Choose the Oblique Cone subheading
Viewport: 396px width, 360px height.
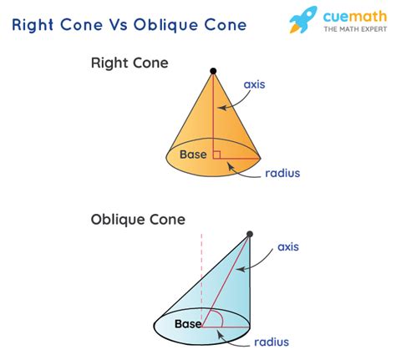[138, 220]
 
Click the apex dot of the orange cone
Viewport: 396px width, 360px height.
[213, 72]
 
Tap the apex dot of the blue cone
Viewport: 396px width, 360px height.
[249, 234]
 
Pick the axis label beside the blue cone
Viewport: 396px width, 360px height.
[288, 247]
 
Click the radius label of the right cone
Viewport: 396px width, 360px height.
[282, 174]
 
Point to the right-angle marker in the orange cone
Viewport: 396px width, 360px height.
[216, 153]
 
